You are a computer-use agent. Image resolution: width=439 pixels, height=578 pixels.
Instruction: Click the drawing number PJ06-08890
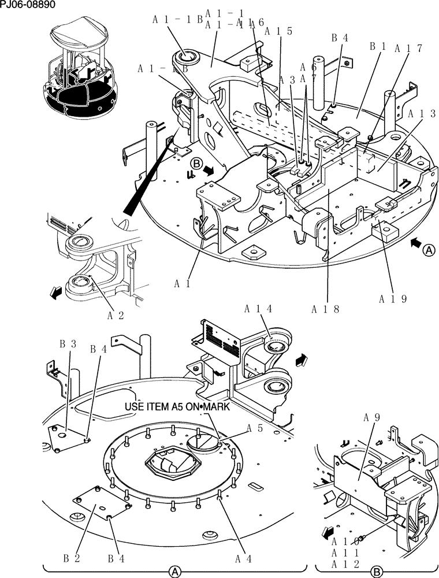click(28, 5)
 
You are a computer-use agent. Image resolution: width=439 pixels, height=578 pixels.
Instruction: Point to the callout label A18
click(325, 309)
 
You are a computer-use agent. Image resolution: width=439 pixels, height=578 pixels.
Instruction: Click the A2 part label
click(116, 316)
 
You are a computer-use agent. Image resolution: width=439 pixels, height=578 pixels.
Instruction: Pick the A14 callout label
click(258, 309)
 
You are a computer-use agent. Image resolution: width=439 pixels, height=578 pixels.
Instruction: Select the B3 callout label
click(68, 344)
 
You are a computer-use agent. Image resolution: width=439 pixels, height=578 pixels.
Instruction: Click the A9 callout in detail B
click(373, 417)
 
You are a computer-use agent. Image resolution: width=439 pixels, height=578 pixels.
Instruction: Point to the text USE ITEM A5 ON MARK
click(177, 407)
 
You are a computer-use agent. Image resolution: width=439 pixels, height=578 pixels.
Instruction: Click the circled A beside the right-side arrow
click(429, 250)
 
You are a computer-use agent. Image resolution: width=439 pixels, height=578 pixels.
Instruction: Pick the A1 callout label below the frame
click(184, 284)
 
